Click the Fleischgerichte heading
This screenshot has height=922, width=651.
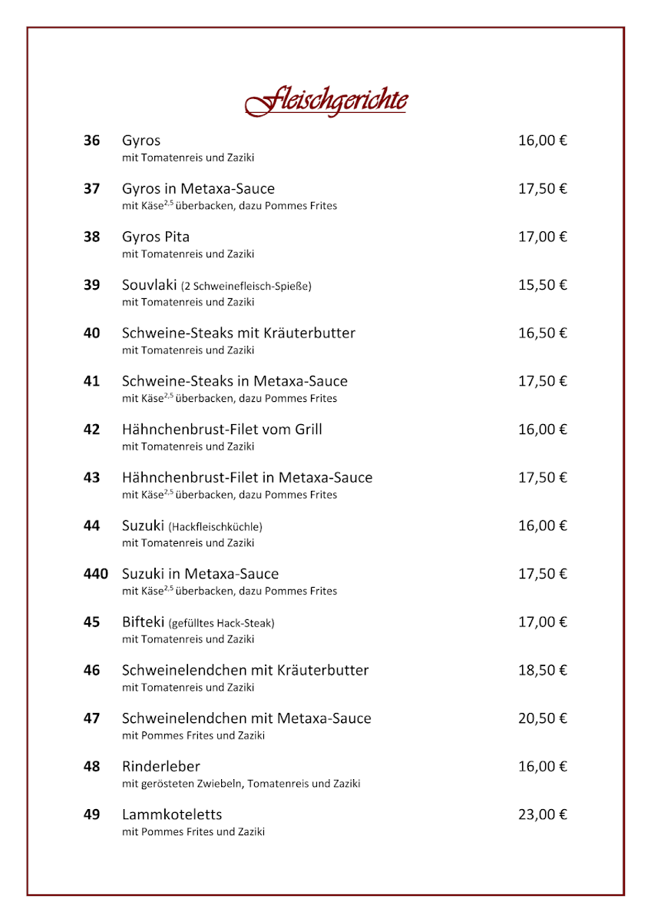[326, 101]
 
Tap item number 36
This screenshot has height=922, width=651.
[91, 141]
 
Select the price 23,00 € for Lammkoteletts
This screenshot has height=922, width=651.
[542, 814]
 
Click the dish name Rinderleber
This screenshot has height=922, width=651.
[161, 767]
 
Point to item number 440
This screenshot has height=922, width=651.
[95, 574]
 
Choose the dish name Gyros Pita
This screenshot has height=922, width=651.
[156, 237]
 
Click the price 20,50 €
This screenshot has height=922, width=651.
[542, 718]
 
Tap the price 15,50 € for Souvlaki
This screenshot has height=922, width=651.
[542, 285]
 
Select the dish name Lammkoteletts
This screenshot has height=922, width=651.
[172, 814]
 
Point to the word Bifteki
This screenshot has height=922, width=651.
[144, 622]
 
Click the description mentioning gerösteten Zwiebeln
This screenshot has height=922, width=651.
[241, 784]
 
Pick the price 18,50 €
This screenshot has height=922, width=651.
[542, 670]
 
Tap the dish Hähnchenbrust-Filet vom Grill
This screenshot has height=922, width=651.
[222, 429]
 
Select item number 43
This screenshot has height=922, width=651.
[91, 478]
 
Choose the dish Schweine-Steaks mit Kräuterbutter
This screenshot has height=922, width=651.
[239, 333]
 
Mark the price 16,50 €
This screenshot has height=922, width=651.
[542, 333]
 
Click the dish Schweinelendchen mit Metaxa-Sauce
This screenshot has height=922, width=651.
[246, 718]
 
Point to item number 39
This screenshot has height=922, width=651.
[91, 285]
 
